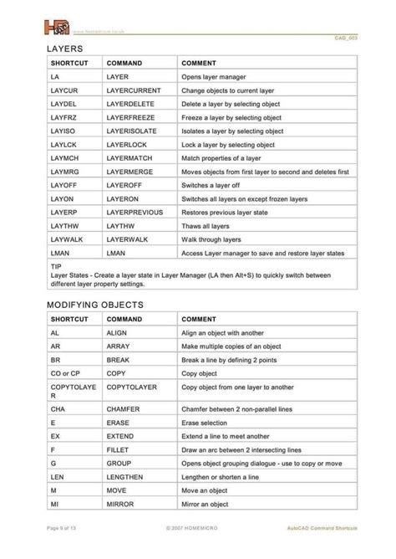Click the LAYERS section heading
pyautogui.click(x=67, y=50)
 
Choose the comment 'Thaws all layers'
pyautogui.click(x=208, y=225)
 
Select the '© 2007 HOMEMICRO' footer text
pyautogui.click(x=198, y=550)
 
